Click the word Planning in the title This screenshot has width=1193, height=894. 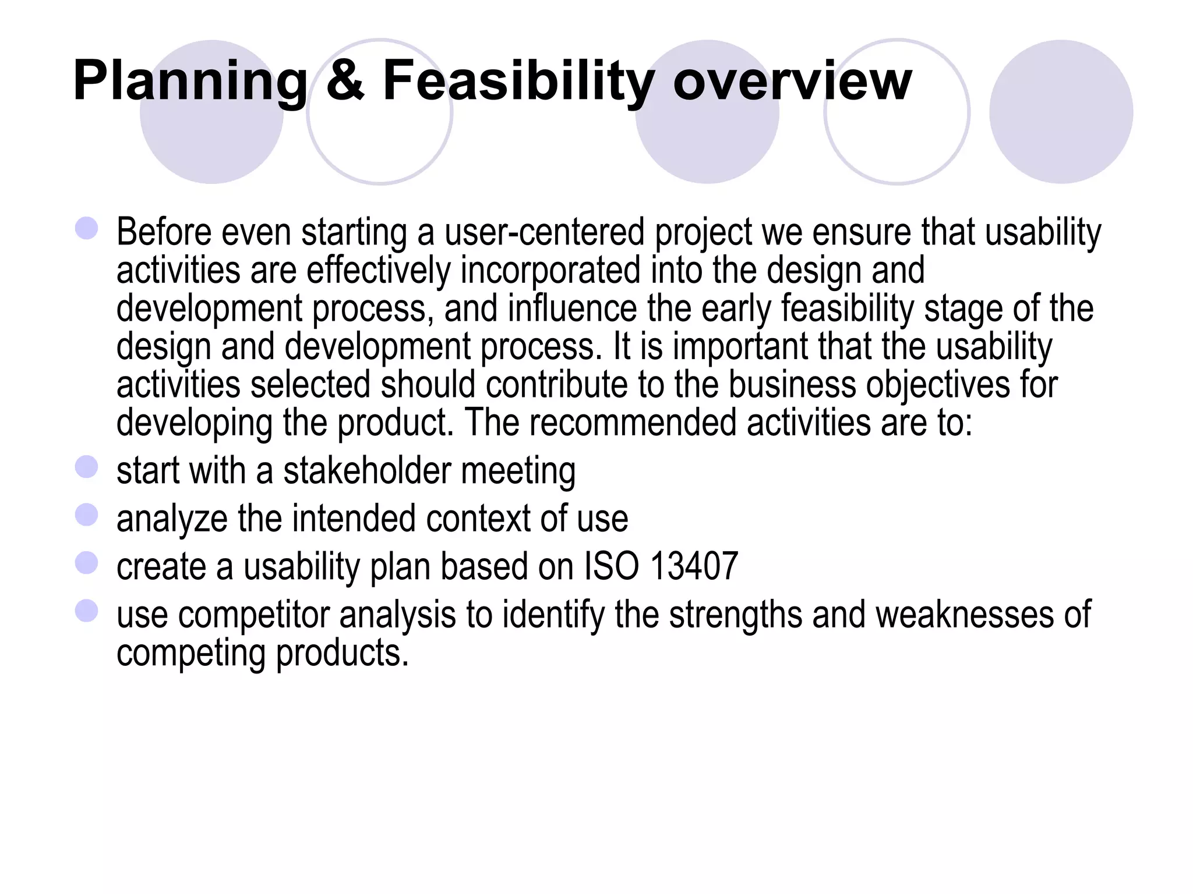click(190, 81)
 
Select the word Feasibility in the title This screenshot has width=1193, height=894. click(518, 81)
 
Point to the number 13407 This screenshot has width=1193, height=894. click(694, 566)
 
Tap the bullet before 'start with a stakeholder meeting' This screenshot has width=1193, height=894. click(87, 467)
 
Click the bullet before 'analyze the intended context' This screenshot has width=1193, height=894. click(87, 515)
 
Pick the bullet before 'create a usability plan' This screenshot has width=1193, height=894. click(87, 563)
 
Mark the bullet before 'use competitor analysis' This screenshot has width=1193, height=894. click(87, 611)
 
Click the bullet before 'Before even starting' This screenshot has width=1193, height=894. click(87, 228)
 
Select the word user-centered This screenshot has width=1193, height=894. click(545, 232)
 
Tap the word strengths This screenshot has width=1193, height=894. click(735, 615)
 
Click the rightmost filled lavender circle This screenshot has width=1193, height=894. click(1061, 112)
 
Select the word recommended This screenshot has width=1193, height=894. click(633, 423)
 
